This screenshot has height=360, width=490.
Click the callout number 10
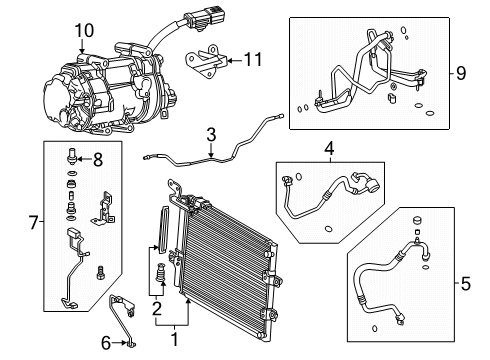(x=81, y=31)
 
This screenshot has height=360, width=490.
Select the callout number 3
(x=211, y=134)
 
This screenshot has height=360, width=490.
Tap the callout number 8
(x=98, y=157)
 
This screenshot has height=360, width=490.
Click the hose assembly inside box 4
(x=320, y=195)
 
